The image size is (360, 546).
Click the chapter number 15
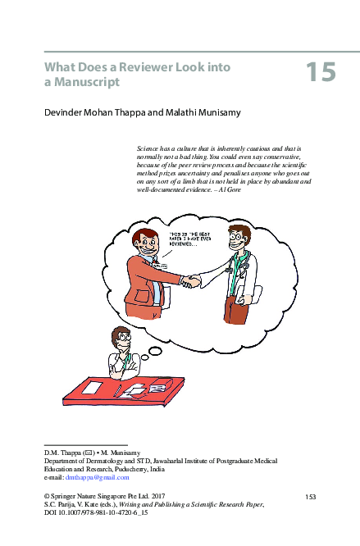tap(321, 72)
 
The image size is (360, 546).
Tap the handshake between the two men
tap(191, 281)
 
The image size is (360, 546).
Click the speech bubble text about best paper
tap(189, 239)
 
